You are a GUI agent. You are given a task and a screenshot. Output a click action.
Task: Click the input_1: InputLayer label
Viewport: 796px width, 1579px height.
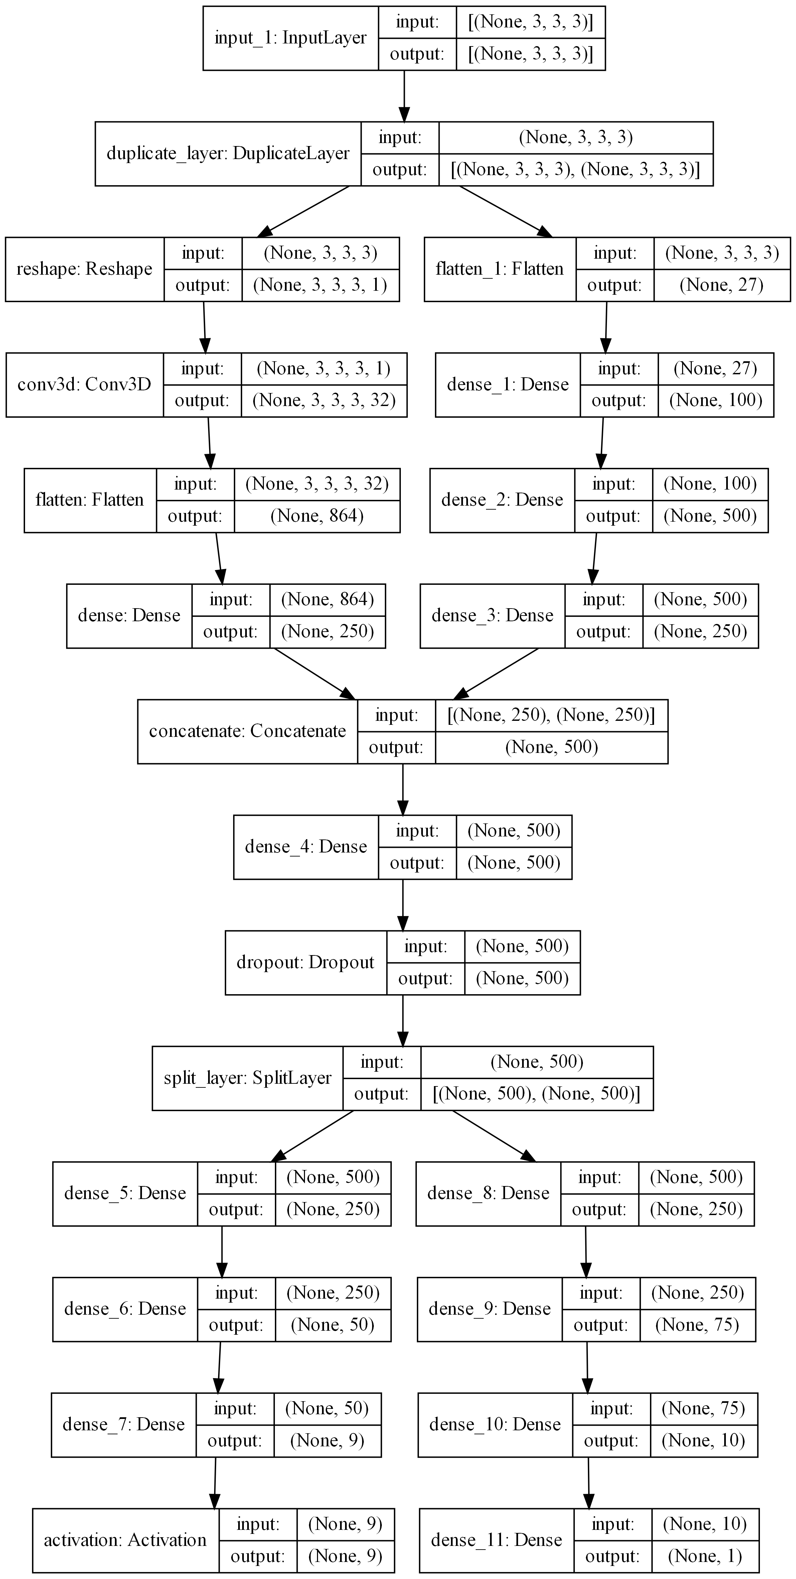click(291, 38)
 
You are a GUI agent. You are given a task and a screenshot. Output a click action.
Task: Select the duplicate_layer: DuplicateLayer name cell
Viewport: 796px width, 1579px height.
click(228, 153)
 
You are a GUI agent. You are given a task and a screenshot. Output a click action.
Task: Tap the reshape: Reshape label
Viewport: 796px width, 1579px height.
click(85, 269)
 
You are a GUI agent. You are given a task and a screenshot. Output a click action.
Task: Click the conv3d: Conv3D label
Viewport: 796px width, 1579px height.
click(85, 384)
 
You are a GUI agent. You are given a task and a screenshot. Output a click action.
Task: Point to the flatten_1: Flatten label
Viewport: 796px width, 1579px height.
click(499, 269)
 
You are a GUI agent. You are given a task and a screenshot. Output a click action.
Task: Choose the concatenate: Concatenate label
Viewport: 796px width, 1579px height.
click(248, 731)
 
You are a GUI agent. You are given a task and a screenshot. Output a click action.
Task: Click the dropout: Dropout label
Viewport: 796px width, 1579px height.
click(305, 962)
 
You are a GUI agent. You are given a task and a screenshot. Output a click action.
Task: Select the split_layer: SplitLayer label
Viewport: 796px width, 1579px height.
click(248, 1078)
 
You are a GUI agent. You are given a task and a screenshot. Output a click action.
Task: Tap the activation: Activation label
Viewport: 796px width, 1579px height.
click(125, 1540)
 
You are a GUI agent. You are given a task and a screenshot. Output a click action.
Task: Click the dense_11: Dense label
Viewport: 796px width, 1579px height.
click(496, 1540)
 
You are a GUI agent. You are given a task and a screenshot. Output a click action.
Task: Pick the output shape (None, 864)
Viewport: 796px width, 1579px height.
click(317, 516)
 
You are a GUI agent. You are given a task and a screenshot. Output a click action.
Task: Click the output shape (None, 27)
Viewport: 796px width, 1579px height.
click(721, 285)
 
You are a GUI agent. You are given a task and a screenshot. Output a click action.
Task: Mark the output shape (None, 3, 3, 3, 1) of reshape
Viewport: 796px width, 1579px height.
click(320, 285)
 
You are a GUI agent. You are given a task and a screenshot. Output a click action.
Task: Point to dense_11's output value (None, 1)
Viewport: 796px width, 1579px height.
click(705, 1556)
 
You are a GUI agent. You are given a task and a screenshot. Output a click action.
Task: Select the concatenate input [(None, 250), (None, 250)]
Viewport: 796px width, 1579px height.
click(551, 715)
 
